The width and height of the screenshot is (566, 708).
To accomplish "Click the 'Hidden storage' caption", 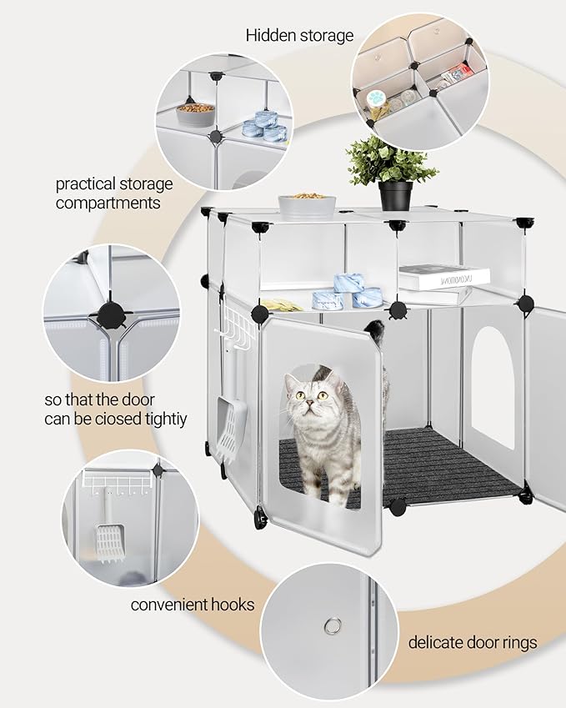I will [299, 35].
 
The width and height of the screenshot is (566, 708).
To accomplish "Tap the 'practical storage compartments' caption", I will [114, 193].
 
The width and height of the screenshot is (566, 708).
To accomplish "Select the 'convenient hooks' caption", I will [193, 604].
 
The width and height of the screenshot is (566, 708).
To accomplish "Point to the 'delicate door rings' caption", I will [473, 642].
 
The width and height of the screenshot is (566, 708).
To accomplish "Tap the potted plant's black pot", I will [395, 195].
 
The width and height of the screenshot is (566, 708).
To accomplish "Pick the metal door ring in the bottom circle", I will [333, 625].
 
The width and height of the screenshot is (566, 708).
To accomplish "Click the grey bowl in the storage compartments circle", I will [195, 114].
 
